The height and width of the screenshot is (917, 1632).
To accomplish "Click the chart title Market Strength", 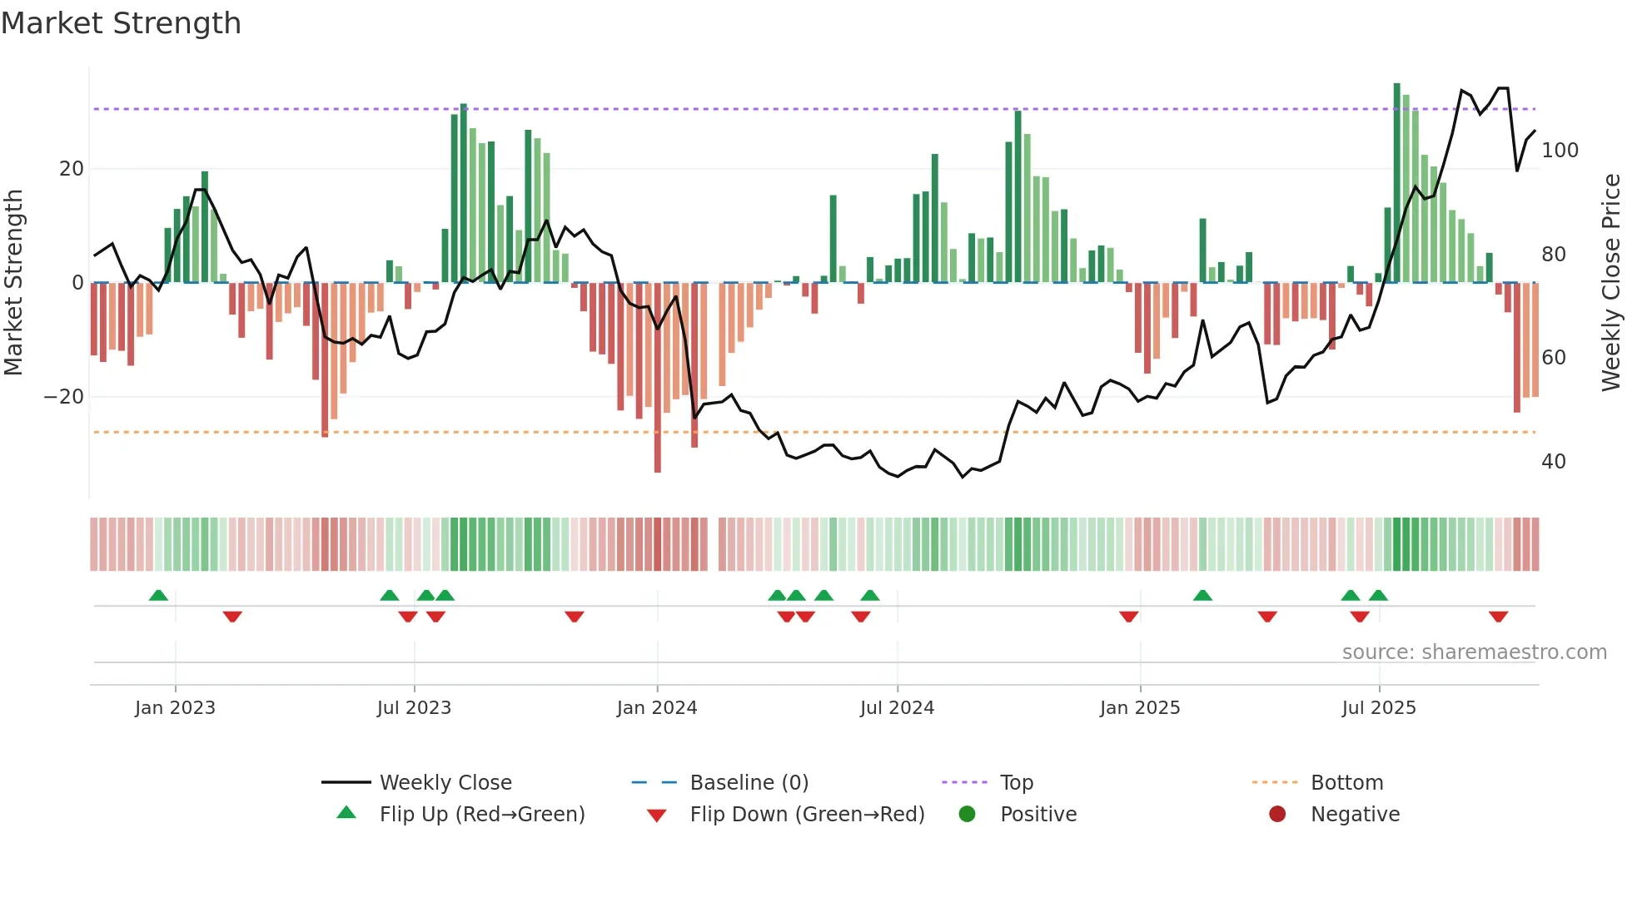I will click(x=121, y=23).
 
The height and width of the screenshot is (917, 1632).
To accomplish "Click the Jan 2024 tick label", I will click(x=657, y=708).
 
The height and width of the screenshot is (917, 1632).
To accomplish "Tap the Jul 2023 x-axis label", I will click(x=414, y=708).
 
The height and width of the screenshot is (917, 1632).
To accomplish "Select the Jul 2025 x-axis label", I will click(x=1379, y=708).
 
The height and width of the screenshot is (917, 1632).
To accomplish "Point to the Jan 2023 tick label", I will click(x=175, y=708).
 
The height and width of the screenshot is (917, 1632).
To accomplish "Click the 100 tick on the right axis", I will click(x=1560, y=151).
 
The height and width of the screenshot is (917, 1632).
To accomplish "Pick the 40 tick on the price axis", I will click(x=1553, y=462).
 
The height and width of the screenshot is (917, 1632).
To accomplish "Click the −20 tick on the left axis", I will click(x=63, y=397).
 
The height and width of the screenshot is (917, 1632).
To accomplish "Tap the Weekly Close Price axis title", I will click(x=1611, y=283).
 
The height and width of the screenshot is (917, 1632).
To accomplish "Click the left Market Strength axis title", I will click(x=13, y=283).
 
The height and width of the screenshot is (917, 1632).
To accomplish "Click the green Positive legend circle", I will click(x=967, y=815).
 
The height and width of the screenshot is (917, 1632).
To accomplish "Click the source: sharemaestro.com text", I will click(x=1474, y=652).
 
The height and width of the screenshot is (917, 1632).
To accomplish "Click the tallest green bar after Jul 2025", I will click(x=1397, y=183).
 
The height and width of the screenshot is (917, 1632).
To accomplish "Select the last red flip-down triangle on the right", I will click(x=1498, y=617).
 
